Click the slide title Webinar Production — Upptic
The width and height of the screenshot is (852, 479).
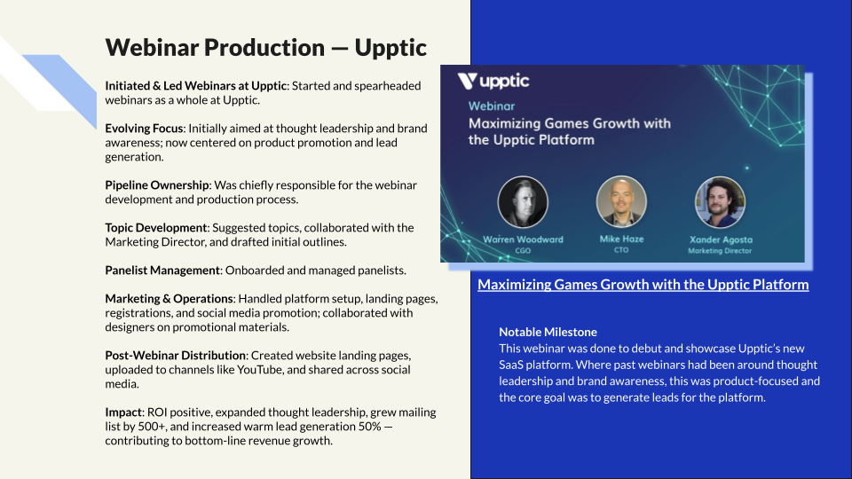[x=266, y=47]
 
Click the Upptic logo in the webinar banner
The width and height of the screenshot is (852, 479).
[x=493, y=82]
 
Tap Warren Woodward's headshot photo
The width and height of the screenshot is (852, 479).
[x=523, y=201]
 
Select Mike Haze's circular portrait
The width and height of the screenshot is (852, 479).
[x=621, y=201]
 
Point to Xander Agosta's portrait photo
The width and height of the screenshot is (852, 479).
[x=719, y=201]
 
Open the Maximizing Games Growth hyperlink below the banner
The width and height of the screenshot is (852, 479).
[x=643, y=285]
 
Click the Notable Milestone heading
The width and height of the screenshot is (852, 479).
[x=548, y=332]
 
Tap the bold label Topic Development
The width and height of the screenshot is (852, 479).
[x=155, y=228]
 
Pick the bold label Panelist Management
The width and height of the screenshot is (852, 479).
[x=162, y=271]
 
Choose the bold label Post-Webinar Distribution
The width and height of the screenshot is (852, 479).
[x=177, y=356]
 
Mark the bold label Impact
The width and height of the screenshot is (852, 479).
[x=123, y=412]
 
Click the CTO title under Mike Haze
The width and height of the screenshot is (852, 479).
[x=621, y=250]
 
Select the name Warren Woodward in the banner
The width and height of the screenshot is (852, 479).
[x=523, y=239]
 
